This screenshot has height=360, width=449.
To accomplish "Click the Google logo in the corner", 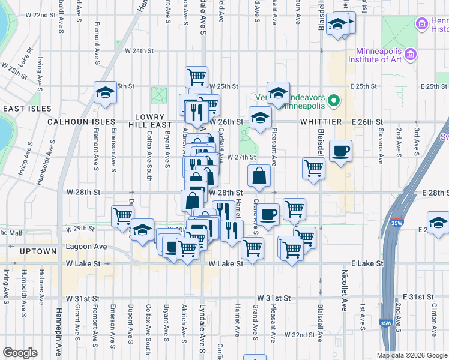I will pyautogui.click(x=20, y=353).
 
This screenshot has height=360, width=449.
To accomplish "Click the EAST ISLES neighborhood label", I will pyautogui.click(x=25, y=109).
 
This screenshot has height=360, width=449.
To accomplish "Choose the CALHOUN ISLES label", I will pyautogui.click(x=82, y=122).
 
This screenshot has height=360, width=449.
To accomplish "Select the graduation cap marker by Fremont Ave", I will pyautogui.click(x=105, y=92).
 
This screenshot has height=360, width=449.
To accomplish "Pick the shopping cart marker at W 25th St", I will pyautogui.click(x=196, y=76).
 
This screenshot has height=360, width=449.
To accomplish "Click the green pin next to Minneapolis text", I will pyautogui.click(x=335, y=100).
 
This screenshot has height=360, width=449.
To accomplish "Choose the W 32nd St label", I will pyautogui.click(x=300, y=334).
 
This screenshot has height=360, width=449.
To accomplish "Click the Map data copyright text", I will pyautogui.click(x=412, y=355).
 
